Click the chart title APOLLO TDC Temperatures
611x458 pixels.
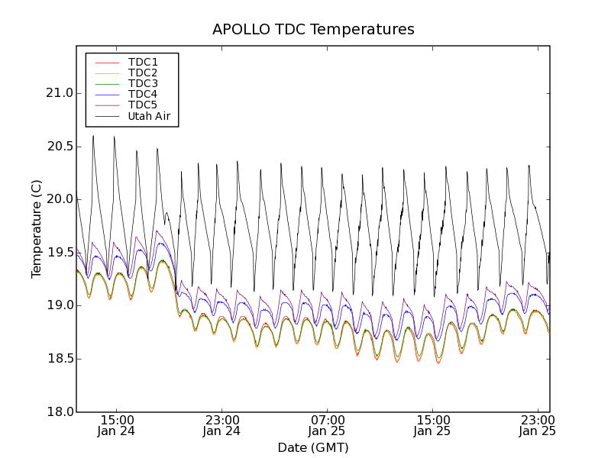coord(313,30)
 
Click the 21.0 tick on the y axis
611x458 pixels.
coord(59,93)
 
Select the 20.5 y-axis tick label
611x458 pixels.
coord(59,146)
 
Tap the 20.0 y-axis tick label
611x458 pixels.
coord(59,199)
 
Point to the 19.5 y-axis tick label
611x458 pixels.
coord(59,253)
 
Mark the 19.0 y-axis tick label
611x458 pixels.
coord(59,305)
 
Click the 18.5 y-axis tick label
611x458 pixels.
coord(59,359)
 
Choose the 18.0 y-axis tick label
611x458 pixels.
coord(59,412)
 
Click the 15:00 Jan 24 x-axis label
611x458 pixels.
coord(117,425)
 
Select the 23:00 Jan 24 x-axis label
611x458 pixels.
coord(222,425)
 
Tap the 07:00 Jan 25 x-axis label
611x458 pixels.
coord(328,425)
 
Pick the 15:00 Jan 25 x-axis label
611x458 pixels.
coord(433,425)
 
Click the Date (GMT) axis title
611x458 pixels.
coord(313,447)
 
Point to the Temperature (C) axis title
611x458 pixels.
coord(37,229)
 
